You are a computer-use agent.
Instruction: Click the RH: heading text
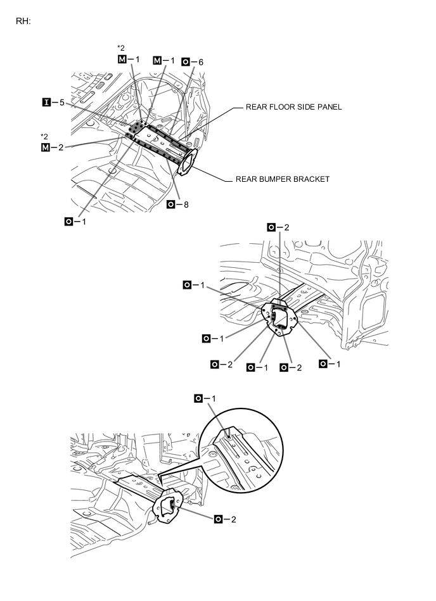point(23,21)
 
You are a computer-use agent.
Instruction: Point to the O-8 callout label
point(178,205)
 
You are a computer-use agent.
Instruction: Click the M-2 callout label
point(53,148)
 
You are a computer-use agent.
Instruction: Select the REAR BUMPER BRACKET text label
point(283,179)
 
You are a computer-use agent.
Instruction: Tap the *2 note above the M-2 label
point(44,137)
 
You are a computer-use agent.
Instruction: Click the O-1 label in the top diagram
point(76,221)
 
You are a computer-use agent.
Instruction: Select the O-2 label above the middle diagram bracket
point(278,227)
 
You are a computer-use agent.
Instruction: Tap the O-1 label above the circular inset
point(206,398)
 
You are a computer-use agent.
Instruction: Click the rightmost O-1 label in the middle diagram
point(330,364)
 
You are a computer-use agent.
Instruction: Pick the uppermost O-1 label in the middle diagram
point(194,286)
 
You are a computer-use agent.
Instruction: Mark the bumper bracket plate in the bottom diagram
point(167,506)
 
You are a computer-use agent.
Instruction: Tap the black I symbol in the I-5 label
point(46,102)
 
